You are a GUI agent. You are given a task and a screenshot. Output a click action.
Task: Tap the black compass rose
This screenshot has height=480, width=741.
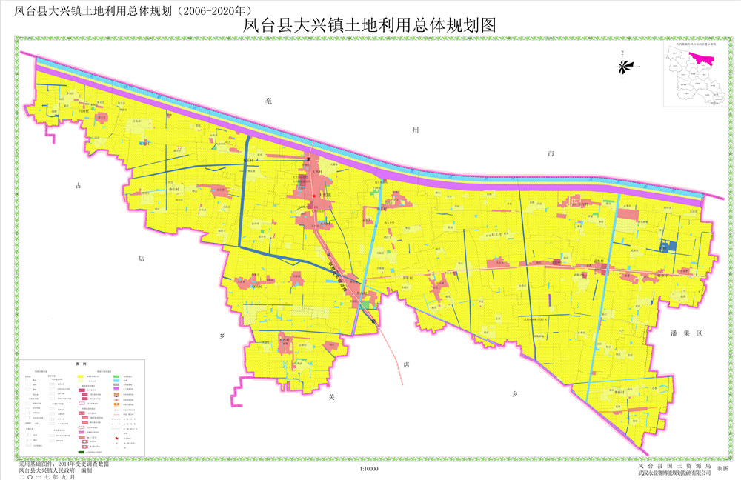(625, 66)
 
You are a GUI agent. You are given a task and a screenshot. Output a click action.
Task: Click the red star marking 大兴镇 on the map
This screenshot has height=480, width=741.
(314, 196)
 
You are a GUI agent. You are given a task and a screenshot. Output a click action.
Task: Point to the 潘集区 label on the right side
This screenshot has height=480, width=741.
(682, 334)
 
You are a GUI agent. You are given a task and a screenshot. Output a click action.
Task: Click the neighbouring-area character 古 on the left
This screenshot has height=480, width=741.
(79, 186)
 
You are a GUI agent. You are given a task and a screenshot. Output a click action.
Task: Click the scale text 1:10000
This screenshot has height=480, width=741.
(368, 469)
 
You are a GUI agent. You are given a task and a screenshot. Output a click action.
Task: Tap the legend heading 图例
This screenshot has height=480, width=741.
(82, 365)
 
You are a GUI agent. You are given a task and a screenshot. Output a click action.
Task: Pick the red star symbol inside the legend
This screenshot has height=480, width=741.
(116, 439)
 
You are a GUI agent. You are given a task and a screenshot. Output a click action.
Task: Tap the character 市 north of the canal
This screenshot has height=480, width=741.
(551, 154)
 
